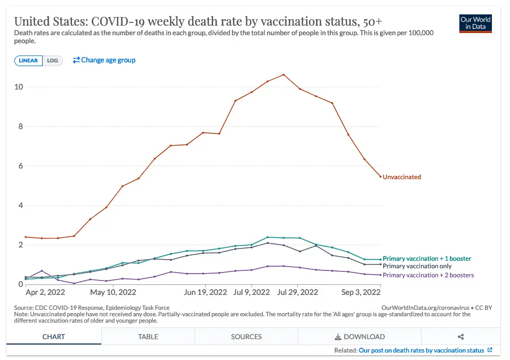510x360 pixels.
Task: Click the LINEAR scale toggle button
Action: [28, 61]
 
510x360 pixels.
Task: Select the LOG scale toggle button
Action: [52, 61]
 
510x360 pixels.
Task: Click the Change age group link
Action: [104, 60]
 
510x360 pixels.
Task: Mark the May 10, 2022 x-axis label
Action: [113, 292]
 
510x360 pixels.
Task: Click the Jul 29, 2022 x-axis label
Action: [297, 292]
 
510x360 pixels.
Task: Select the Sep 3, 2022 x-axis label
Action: [361, 292]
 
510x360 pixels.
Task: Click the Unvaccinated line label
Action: [402, 177]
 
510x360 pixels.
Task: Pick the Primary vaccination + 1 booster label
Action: [427, 259]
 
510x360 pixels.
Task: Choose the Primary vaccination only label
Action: [417, 266]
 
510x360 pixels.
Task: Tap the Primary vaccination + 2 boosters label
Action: [428, 275]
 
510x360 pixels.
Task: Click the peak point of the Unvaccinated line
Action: [284, 75]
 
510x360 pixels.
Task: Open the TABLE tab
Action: [148, 337]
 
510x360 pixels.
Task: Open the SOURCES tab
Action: [246, 337]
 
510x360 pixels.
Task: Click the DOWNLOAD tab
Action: [359, 337]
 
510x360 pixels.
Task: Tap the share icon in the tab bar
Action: [461, 337]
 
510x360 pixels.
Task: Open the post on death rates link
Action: [422, 350]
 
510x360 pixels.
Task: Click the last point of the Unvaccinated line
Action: [380, 177]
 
